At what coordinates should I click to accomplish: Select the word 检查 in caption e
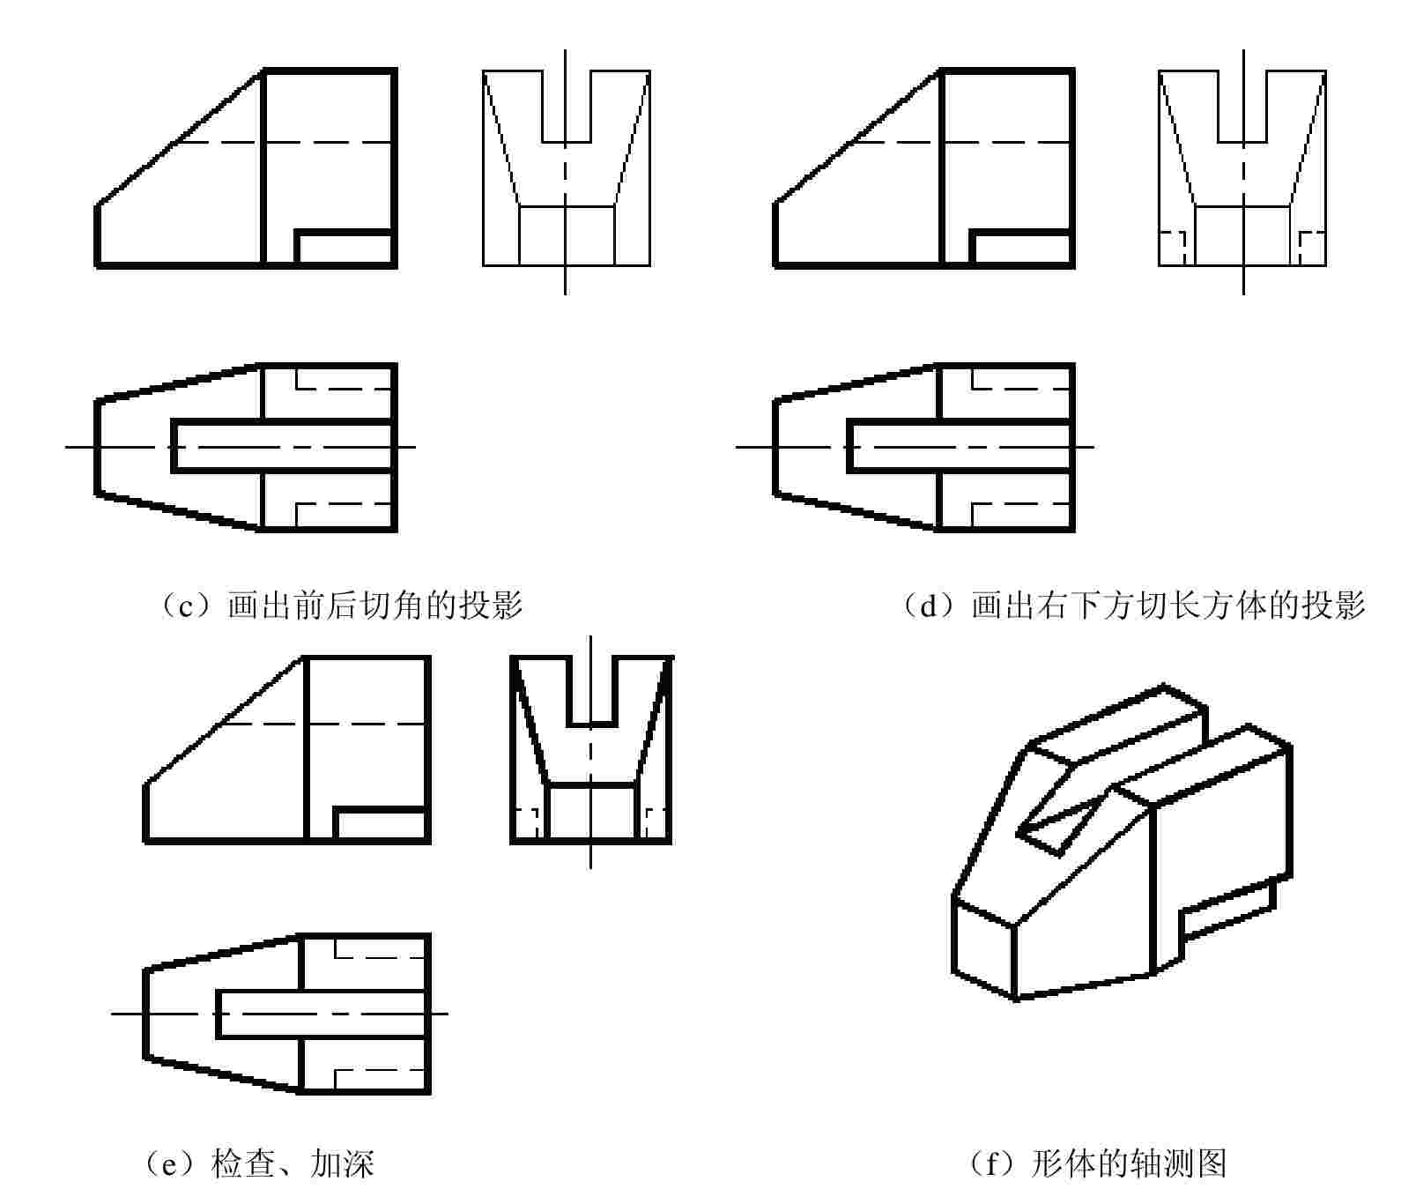pos(243,1163)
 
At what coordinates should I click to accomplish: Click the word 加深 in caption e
pos(343,1163)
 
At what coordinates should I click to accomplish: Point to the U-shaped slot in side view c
pos(566,106)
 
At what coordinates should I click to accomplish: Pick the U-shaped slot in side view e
pos(590,691)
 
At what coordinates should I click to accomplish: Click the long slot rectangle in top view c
pos(282,447)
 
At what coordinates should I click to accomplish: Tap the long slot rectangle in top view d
pos(960,447)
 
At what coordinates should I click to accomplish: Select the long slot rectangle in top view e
pos(322,1014)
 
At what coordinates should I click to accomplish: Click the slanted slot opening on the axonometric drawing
pos(1062,823)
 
